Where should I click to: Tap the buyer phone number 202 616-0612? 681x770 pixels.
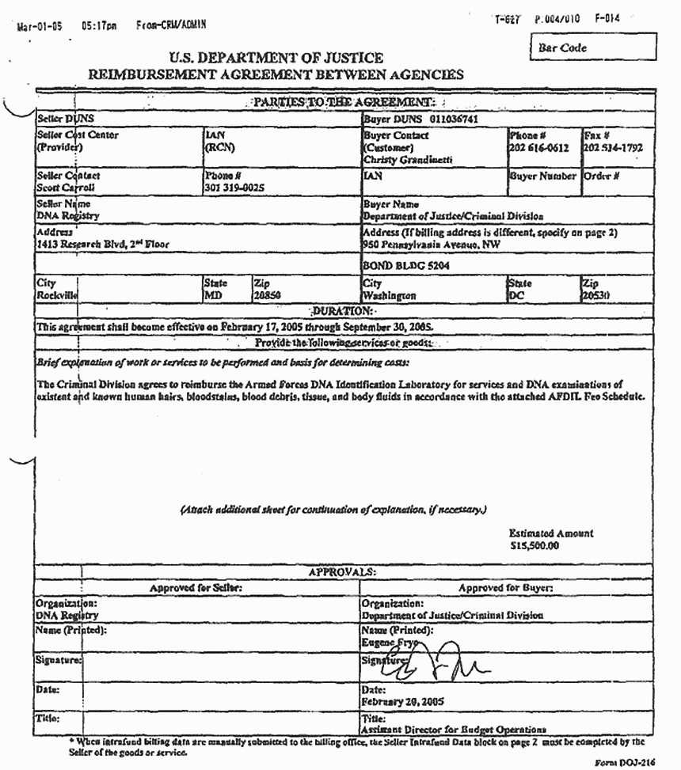click(538, 148)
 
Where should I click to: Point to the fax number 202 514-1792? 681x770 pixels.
click(613, 148)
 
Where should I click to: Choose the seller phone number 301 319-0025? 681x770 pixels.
click(234, 188)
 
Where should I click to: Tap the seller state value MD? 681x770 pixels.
click(212, 295)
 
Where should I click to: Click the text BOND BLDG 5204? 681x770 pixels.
click(406, 267)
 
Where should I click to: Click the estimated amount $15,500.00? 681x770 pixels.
click(535, 545)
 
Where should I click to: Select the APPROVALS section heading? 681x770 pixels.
click(342, 571)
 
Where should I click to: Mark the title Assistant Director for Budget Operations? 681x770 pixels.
click(454, 729)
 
